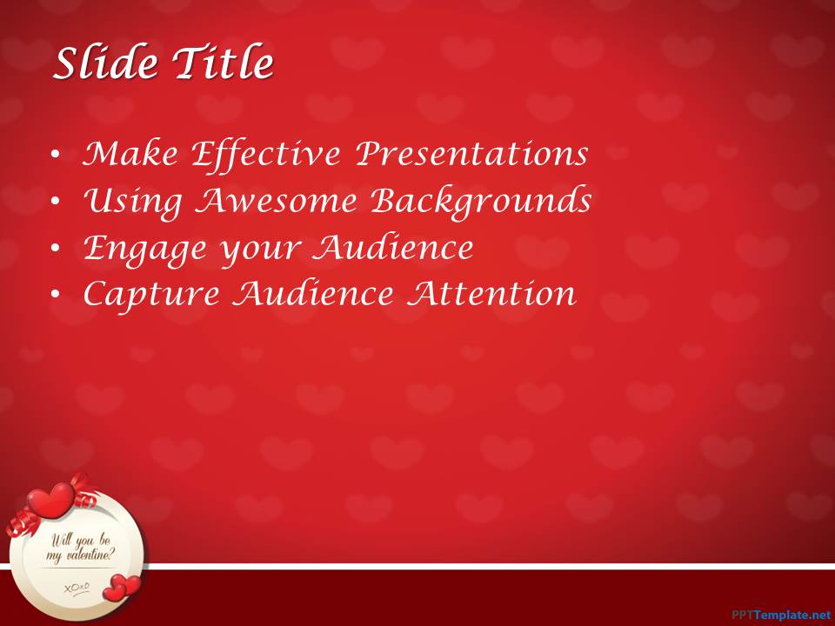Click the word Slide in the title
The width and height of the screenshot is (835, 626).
(x=106, y=63)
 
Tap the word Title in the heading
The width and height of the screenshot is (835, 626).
(x=223, y=63)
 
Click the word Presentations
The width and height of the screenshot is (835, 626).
(x=471, y=155)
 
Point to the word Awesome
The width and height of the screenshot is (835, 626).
(x=276, y=202)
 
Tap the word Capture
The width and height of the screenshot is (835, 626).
(x=151, y=296)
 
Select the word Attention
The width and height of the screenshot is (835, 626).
(x=491, y=293)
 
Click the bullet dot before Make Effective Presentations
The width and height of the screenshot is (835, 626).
(x=56, y=155)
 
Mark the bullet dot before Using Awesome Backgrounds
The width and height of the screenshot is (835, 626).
(x=56, y=202)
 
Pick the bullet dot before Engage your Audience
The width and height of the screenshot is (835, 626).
(x=56, y=248)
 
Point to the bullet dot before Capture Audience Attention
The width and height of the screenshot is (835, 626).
(x=56, y=295)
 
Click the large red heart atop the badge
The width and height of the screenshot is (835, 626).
(x=50, y=500)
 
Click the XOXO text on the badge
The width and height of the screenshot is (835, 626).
(x=77, y=588)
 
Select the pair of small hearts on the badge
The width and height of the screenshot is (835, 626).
(x=122, y=587)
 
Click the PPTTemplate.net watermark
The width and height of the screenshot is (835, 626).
(x=781, y=615)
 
